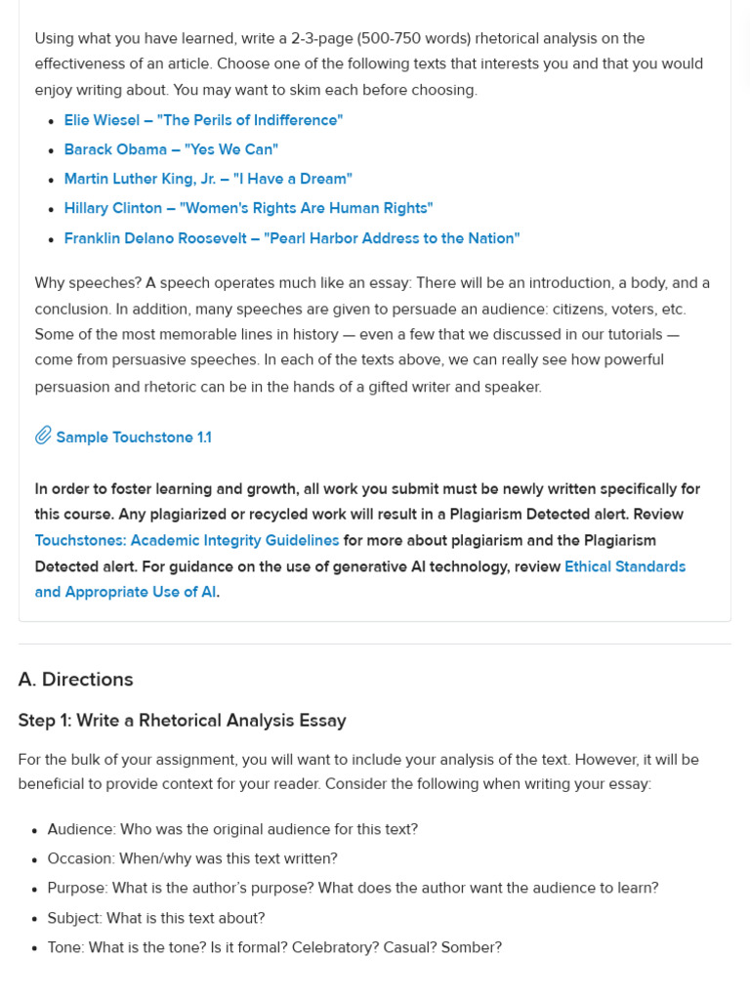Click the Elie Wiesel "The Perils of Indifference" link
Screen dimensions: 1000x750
pos(203,120)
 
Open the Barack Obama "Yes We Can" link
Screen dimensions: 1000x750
pos(171,149)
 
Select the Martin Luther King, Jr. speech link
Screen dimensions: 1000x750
pos(208,179)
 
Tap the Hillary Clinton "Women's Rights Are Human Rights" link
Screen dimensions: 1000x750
pos(248,208)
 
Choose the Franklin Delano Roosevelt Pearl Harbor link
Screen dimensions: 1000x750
pos(292,238)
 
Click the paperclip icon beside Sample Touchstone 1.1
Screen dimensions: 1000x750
pos(43,436)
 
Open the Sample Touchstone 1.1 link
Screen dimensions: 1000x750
pos(134,437)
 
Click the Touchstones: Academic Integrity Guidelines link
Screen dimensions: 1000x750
pos(187,540)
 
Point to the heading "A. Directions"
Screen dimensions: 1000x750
pos(75,680)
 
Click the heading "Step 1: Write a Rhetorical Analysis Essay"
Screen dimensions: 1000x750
pos(182,721)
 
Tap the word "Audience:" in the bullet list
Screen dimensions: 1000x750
pos(81,829)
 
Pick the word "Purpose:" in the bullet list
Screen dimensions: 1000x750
pos(77,888)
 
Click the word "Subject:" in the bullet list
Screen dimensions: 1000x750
pos(74,918)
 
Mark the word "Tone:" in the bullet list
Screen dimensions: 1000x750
pos(65,947)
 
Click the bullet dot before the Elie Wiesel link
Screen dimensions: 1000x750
pos(51,121)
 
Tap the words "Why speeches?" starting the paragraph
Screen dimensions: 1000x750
pos(88,283)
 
